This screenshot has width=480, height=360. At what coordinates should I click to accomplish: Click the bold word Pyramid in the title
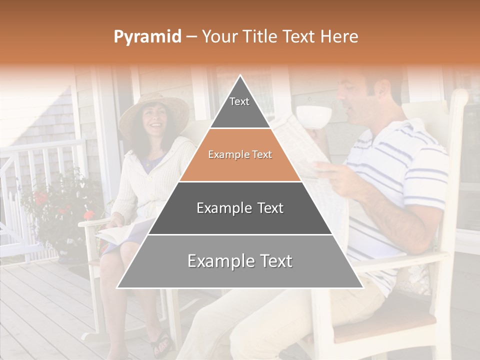point(147,36)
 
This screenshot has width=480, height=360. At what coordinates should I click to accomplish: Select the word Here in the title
point(339,36)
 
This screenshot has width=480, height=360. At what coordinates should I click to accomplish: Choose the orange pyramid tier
point(240,155)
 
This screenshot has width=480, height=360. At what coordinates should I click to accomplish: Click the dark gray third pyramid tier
point(240,208)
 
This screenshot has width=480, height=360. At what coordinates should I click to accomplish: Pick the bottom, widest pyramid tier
point(240,261)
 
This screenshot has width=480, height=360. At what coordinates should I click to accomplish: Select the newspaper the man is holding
point(300,145)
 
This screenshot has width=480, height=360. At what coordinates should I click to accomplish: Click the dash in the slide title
point(191,37)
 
